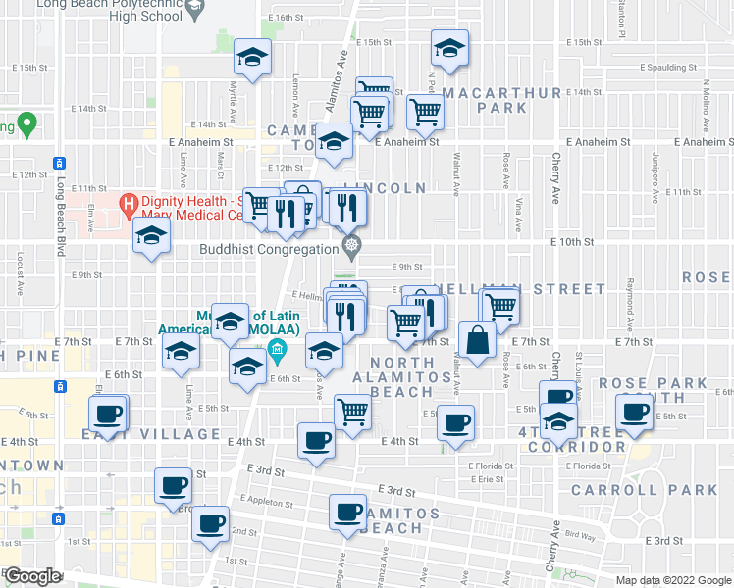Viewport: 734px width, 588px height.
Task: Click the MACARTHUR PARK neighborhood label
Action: point(501,100)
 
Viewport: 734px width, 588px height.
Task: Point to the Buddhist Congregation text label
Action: point(269,249)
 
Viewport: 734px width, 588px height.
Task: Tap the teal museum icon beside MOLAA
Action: point(278,350)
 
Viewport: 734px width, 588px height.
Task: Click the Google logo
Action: point(32,576)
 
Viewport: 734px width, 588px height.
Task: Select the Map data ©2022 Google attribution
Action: point(674,580)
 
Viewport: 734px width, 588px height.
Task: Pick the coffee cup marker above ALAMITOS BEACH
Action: point(347,512)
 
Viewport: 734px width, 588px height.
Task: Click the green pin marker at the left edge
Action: point(26,125)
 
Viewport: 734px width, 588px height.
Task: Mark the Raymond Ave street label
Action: point(630,304)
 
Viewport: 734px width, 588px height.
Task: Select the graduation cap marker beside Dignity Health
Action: point(152,236)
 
